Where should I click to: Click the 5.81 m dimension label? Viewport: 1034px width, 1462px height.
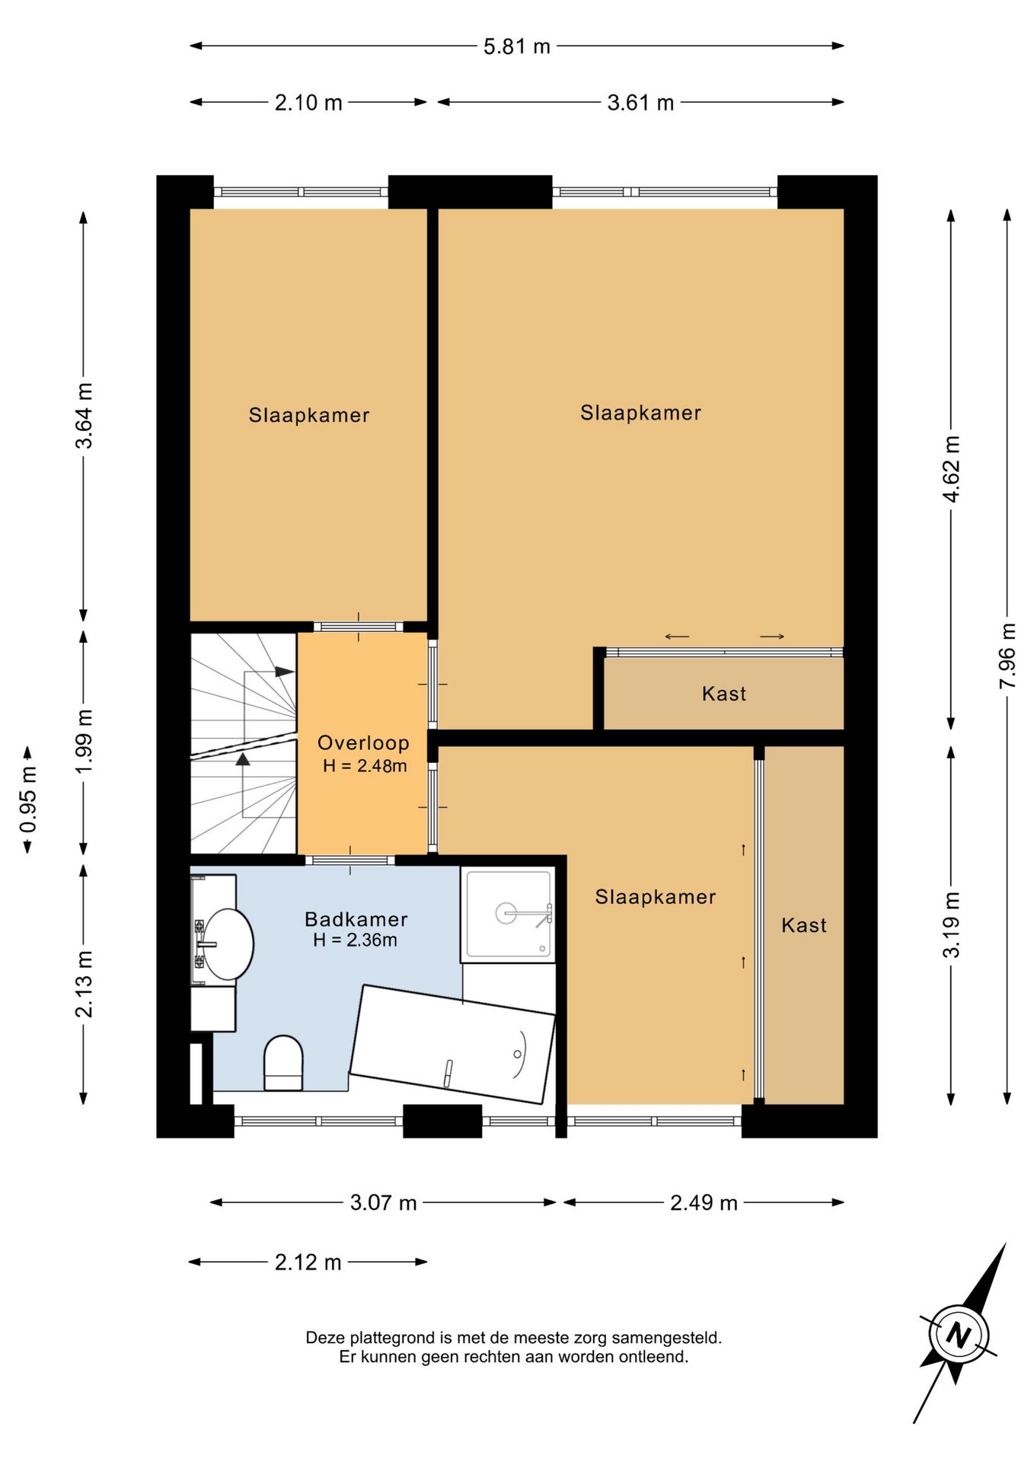(x=516, y=46)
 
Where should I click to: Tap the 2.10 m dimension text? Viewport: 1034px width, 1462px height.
(x=308, y=103)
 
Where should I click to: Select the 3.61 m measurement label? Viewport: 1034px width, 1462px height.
(x=640, y=103)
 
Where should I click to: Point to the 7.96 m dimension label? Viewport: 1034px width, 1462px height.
(x=1007, y=656)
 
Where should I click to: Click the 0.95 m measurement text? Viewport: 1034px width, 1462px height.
(x=28, y=800)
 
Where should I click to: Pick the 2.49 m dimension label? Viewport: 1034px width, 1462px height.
(x=704, y=1202)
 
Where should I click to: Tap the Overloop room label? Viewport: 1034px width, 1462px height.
(x=363, y=743)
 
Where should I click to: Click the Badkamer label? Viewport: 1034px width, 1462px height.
(x=356, y=919)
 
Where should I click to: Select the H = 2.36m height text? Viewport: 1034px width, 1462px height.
(x=356, y=940)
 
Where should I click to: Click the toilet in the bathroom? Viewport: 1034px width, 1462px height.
(x=283, y=1062)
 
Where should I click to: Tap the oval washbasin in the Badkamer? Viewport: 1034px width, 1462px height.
(x=228, y=944)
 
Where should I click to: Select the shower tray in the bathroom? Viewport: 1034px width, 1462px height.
(x=508, y=914)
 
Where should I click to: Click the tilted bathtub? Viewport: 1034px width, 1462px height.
(x=452, y=1044)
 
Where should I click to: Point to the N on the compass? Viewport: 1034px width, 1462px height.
(x=959, y=1335)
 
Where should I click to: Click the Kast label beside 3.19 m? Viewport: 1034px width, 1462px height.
(x=804, y=925)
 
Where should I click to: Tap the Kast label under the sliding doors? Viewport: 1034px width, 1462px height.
(x=724, y=694)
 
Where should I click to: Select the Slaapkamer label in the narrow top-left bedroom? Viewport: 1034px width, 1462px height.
(x=309, y=415)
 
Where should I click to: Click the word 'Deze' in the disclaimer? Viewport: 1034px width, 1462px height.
(x=326, y=1338)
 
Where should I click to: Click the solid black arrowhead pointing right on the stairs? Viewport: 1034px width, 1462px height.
(x=285, y=672)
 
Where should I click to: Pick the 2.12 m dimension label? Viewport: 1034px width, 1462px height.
(x=308, y=1262)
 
